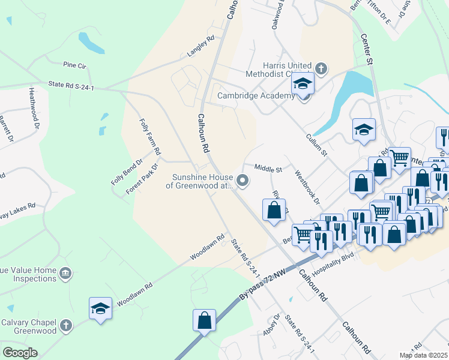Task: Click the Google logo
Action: click(20, 353)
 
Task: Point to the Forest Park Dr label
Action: click(142, 179)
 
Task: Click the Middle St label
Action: click(268, 169)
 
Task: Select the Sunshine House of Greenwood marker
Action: click(243, 180)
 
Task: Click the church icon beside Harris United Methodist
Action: click(321, 68)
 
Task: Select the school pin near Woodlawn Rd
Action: click(100, 309)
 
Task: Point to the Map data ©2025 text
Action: click(423, 355)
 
